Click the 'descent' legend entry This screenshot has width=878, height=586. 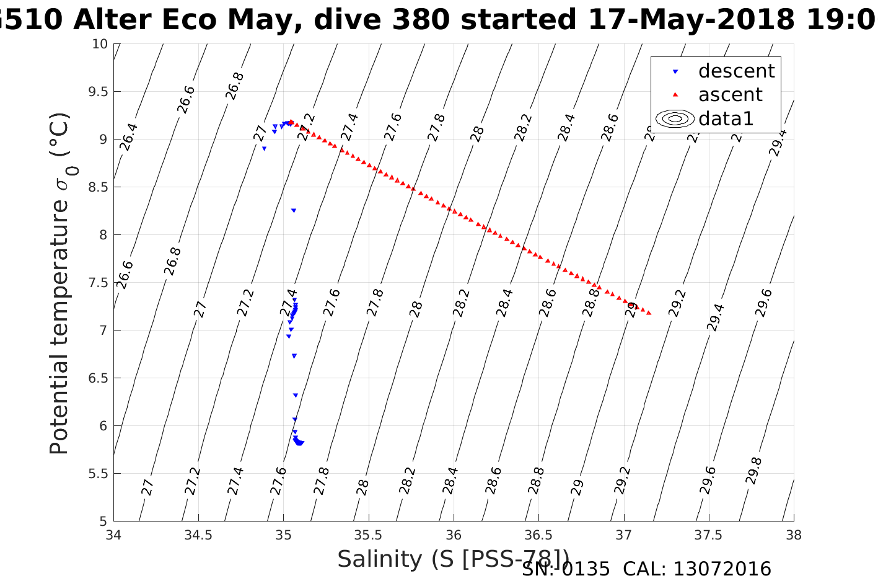(736, 71)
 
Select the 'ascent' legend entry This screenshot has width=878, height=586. (730, 95)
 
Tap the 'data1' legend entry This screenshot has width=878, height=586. (726, 118)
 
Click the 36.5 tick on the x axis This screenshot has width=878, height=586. (538, 535)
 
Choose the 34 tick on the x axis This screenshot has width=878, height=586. (113, 535)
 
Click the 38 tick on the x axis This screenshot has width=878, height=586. (793, 535)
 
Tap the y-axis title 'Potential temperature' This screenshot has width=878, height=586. (59, 322)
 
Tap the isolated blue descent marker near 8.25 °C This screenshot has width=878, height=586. (294, 211)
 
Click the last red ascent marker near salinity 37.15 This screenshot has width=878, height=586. (649, 313)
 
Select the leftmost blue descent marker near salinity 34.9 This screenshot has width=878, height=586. (264, 149)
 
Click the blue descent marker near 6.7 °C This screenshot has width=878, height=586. (294, 356)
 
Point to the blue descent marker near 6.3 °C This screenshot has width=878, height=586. (296, 395)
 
